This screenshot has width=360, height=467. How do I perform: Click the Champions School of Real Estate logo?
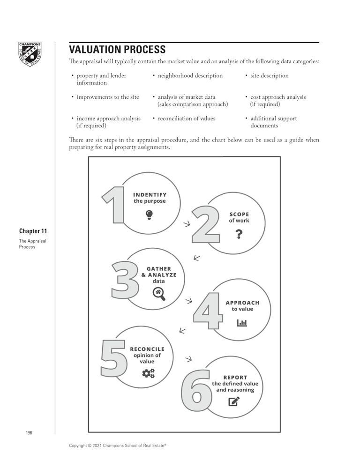[x=30, y=54]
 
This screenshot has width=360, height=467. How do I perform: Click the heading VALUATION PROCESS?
[x=117, y=49]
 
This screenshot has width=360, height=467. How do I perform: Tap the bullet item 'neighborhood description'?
[x=190, y=76]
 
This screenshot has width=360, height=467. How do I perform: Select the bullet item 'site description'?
[x=269, y=76]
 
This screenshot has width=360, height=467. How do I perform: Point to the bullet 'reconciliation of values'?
[x=186, y=119]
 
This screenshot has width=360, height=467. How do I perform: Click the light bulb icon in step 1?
[x=149, y=215]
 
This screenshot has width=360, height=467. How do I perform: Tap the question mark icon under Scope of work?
[x=239, y=233]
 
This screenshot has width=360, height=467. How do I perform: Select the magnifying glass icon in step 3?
[x=159, y=294]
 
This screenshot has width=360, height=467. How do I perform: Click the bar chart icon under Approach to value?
[x=242, y=322]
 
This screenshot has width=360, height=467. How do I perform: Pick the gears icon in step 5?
[x=148, y=373]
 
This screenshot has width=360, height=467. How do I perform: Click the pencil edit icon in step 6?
[x=234, y=401]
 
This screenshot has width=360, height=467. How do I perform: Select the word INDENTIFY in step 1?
[x=150, y=195]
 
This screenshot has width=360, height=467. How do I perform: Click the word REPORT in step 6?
[x=235, y=378]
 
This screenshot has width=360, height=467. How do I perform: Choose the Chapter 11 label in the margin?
[x=33, y=231]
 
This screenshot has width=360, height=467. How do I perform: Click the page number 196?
[x=29, y=432]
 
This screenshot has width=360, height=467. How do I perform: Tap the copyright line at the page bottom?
[x=118, y=445]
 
